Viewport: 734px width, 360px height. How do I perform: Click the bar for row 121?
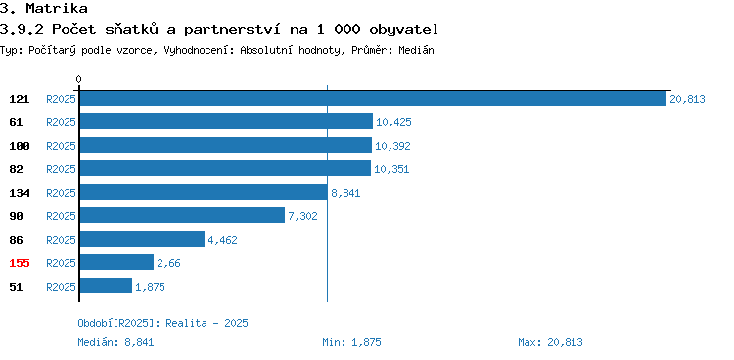click(x=373, y=98)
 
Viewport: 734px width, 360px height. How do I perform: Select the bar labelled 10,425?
click(x=226, y=121)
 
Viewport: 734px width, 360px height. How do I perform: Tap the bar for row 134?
click(x=204, y=192)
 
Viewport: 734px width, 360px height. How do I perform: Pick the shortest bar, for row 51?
click(x=106, y=286)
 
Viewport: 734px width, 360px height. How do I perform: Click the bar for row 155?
click(x=116, y=262)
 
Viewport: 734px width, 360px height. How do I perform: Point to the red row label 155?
click(x=20, y=263)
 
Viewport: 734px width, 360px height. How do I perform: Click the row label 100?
click(x=20, y=146)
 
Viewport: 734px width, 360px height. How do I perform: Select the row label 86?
click(x=16, y=240)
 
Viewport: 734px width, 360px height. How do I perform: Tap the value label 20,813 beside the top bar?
click(x=687, y=99)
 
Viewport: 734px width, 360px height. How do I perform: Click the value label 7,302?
click(x=302, y=216)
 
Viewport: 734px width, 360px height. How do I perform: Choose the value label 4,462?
click(x=222, y=240)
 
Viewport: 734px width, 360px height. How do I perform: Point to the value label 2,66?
click(x=168, y=263)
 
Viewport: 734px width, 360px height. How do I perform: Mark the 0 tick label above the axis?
click(x=78, y=79)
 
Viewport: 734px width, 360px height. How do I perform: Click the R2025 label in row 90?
click(x=61, y=216)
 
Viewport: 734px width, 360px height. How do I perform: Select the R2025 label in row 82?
click(x=61, y=169)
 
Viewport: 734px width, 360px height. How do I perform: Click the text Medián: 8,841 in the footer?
click(x=115, y=342)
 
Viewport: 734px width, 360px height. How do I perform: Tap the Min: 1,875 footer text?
click(x=351, y=342)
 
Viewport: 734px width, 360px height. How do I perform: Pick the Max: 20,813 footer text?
click(x=550, y=342)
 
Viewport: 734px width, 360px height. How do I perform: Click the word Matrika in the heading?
click(x=57, y=8)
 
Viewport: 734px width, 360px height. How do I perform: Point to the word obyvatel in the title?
click(x=403, y=30)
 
